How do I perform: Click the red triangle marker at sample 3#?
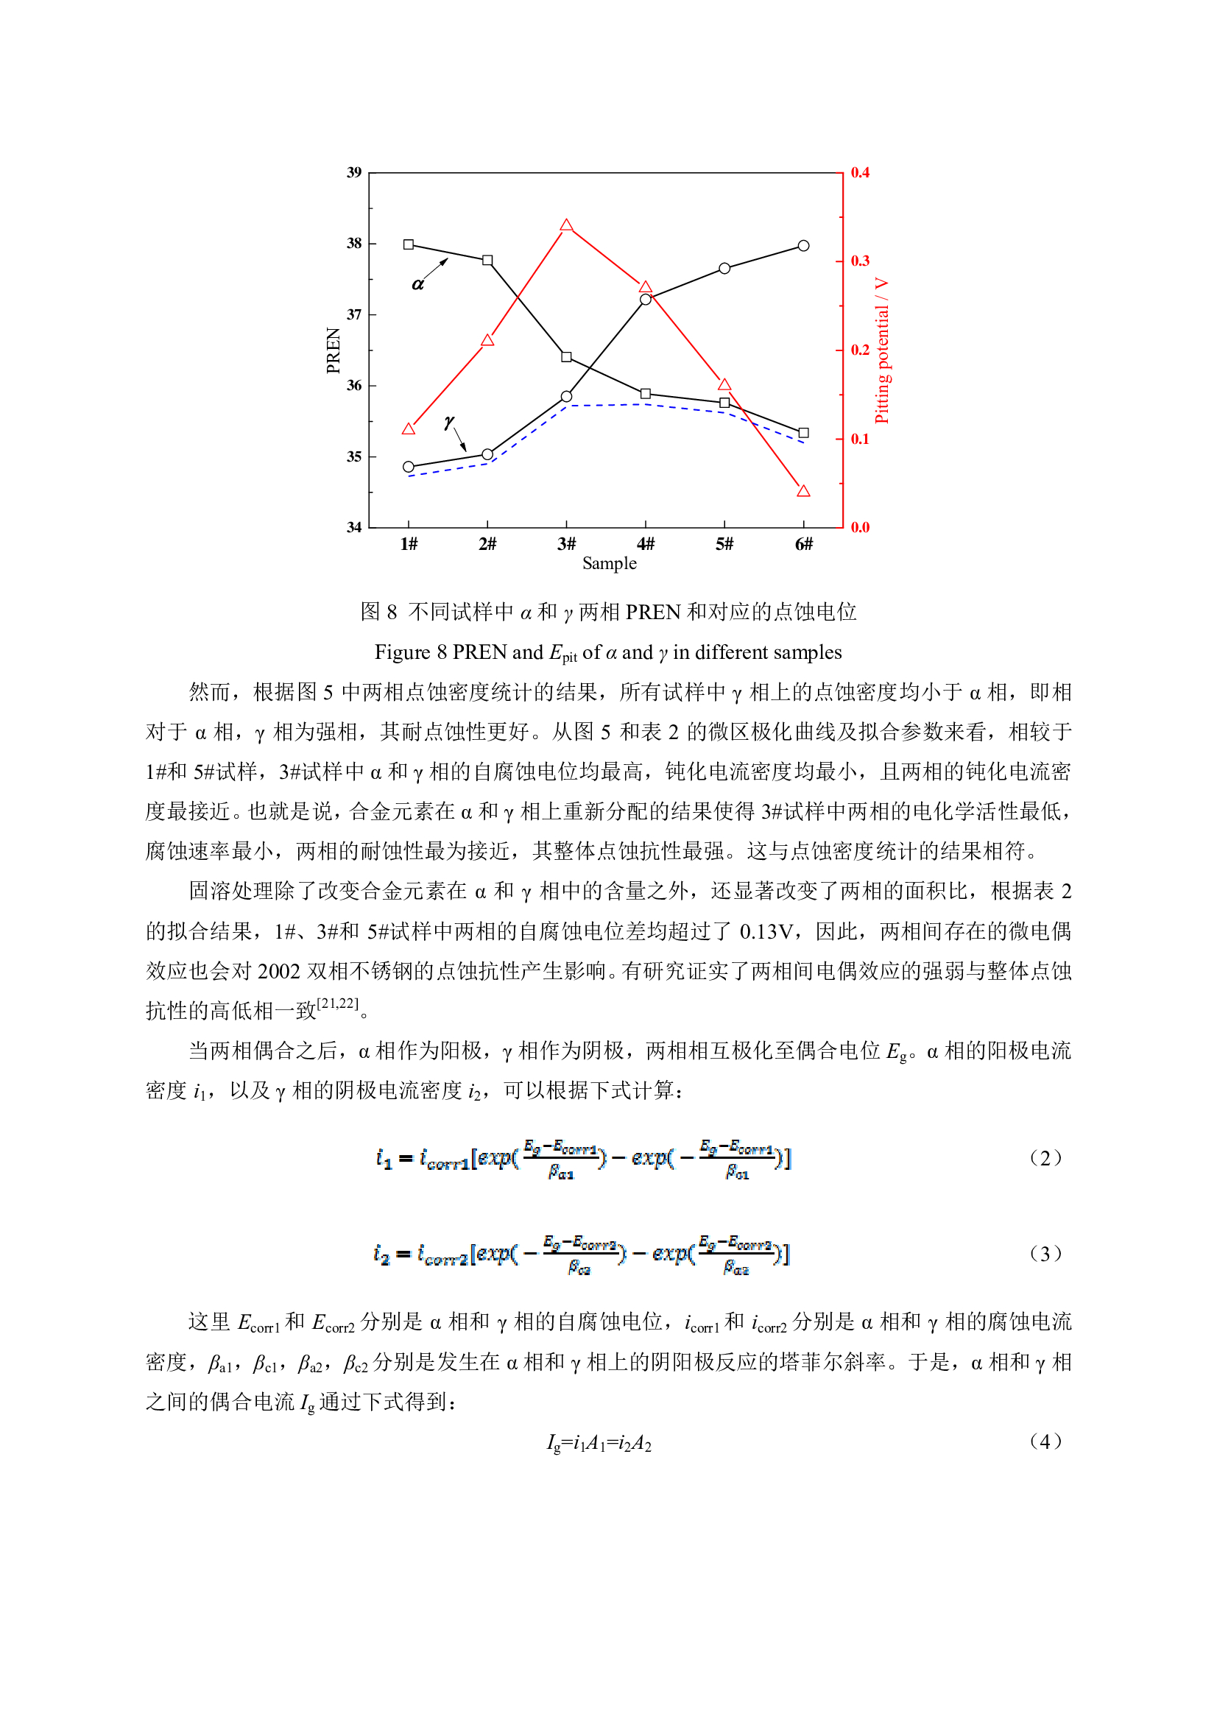tap(566, 226)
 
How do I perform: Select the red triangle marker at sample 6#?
tap(803, 491)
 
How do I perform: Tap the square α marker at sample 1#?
tap(408, 244)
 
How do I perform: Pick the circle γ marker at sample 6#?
tap(803, 246)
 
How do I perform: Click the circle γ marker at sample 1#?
tap(408, 467)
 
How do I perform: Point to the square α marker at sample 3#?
tap(566, 357)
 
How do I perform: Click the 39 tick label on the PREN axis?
tap(354, 172)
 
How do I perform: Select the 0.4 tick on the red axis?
tap(859, 172)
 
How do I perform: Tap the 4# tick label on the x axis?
tap(645, 544)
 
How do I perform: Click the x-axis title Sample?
tap(609, 564)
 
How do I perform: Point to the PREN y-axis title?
tap(334, 350)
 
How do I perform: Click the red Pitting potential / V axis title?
tap(882, 350)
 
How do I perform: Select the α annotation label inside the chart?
tap(417, 284)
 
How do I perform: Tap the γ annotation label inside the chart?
tap(448, 423)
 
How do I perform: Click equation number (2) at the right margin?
tap(1045, 1158)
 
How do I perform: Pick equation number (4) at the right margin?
tap(1045, 1442)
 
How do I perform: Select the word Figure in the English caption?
tap(402, 652)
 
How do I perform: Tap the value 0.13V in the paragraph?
tap(766, 931)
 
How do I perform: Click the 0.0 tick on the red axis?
tap(859, 527)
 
